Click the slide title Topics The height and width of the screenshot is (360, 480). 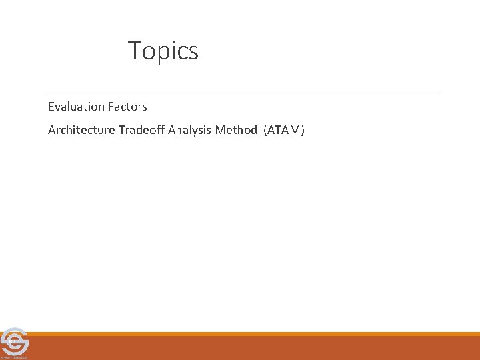click(x=163, y=51)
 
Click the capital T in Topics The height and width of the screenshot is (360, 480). click(x=134, y=51)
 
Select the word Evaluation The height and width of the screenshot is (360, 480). click(x=77, y=107)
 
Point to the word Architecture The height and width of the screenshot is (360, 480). click(x=82, y=130)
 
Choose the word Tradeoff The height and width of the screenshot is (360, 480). click(x=142, y=130)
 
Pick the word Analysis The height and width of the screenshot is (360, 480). click(x=190, y=130)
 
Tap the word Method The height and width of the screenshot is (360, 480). click(x=236, y=130)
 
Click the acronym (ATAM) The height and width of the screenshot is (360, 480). click(x=285, y=130)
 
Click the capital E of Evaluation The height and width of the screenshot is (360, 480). click(x=51, y=107)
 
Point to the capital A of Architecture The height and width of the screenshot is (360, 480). click(x=52, y=130)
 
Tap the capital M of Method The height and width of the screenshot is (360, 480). click(x=220, y=130)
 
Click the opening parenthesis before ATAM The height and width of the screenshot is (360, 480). click(x=266, y=130)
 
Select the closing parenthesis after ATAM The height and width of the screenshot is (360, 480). click(x=303, y=130)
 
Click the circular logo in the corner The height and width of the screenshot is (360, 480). click(x=13, y=341)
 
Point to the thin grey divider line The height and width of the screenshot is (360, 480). click(x=243, y=91)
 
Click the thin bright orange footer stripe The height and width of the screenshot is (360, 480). click(x=253, y=334)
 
